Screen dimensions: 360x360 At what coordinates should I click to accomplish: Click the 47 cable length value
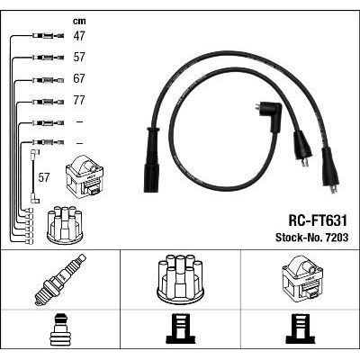coord(79,36)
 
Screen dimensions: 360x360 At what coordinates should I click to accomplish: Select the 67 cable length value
coord(79,78)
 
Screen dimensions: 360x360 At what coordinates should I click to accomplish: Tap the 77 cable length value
coord(79,100)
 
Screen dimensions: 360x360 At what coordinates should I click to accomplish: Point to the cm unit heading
coord(79,21)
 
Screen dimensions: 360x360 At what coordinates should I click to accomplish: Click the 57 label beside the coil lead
coord(43,177)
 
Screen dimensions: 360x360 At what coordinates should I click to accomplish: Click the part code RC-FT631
coord(318,221)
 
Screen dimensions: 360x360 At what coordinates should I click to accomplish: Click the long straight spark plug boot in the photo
coord(150,159)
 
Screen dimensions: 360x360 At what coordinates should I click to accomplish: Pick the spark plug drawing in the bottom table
coord(59,280)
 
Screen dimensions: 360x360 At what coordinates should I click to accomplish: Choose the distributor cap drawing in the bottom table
coord(180,278)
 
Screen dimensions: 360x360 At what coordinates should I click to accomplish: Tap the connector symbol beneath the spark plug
coord(60,330)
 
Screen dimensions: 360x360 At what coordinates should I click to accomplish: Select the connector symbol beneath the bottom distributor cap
coord(181,330)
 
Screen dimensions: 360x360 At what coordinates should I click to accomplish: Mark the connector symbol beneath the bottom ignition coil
coord(301,330)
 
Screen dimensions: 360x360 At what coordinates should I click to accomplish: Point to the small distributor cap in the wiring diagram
coord(65,224)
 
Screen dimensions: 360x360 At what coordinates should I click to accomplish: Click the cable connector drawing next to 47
coord(48,36)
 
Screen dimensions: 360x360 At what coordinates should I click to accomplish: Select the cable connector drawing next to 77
coord(48,102)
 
